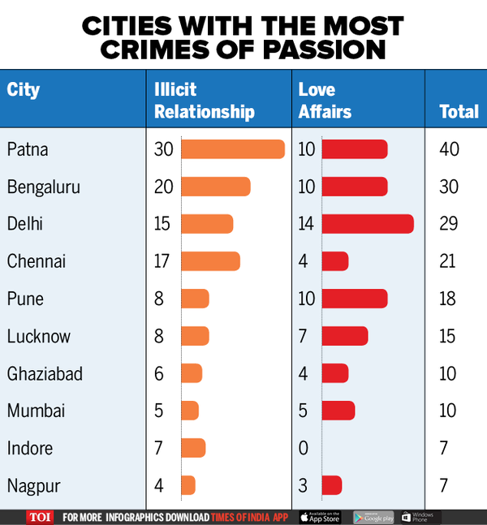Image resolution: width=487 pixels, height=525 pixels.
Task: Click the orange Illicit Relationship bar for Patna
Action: pyautogui.click(x=232, y=149)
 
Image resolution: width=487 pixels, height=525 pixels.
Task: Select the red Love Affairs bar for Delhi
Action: pyautogui.click(x=368, y=224)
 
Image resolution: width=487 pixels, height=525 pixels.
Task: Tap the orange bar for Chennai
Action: pyautogui.click(x=210, y=261)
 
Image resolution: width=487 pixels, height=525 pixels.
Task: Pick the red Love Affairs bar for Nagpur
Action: pyautogui.click(x=332, y=485)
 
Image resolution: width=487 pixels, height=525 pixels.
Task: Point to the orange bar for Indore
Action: pyautogui.click(x=193, y=448)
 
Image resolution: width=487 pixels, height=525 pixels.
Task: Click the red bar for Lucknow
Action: pyautogui.click(x=345, y=336)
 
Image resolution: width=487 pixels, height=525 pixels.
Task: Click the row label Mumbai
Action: pyautogui.click(x=36, y=411)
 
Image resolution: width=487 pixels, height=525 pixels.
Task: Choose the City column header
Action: pyautogui.click(x=24, y=89)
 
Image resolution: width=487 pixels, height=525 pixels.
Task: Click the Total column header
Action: pyautogui.click(x=459, y=112)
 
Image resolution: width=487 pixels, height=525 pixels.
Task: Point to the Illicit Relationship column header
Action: pyautogui.click(x=204, y=100)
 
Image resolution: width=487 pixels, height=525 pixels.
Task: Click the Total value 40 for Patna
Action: pyautogui.click(x=449, y=149)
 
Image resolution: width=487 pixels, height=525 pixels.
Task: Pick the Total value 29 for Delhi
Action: pyautogui.click(x=449, y=224)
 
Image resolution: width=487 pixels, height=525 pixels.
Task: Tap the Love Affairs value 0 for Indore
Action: pyautogui.click(x=304, y=448)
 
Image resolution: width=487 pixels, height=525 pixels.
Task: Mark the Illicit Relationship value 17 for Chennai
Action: pyautogui.click(x=162, y=261)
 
